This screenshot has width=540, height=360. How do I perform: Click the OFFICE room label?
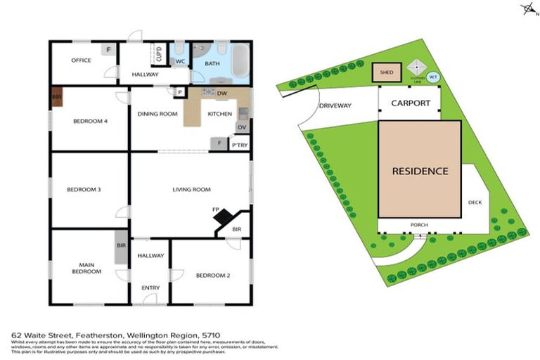[81, 60]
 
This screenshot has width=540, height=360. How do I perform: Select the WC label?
[180, 62]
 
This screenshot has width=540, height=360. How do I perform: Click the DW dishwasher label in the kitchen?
[221, 94]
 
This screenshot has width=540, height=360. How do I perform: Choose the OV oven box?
[241, 127]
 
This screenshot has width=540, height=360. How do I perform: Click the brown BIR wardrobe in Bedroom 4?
[56, 98]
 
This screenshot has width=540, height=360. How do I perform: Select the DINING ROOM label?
[157, 114]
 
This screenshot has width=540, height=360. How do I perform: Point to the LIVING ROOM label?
[192, 189]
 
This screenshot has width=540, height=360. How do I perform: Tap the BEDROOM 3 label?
[84, 189]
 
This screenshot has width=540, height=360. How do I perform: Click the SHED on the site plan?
[387, 72]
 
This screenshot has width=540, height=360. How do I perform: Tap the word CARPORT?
[411, 103]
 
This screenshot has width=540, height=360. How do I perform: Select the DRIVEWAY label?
[335, 105]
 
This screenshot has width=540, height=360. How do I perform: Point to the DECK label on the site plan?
[475, 202]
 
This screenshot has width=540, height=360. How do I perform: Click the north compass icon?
[527, 9]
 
